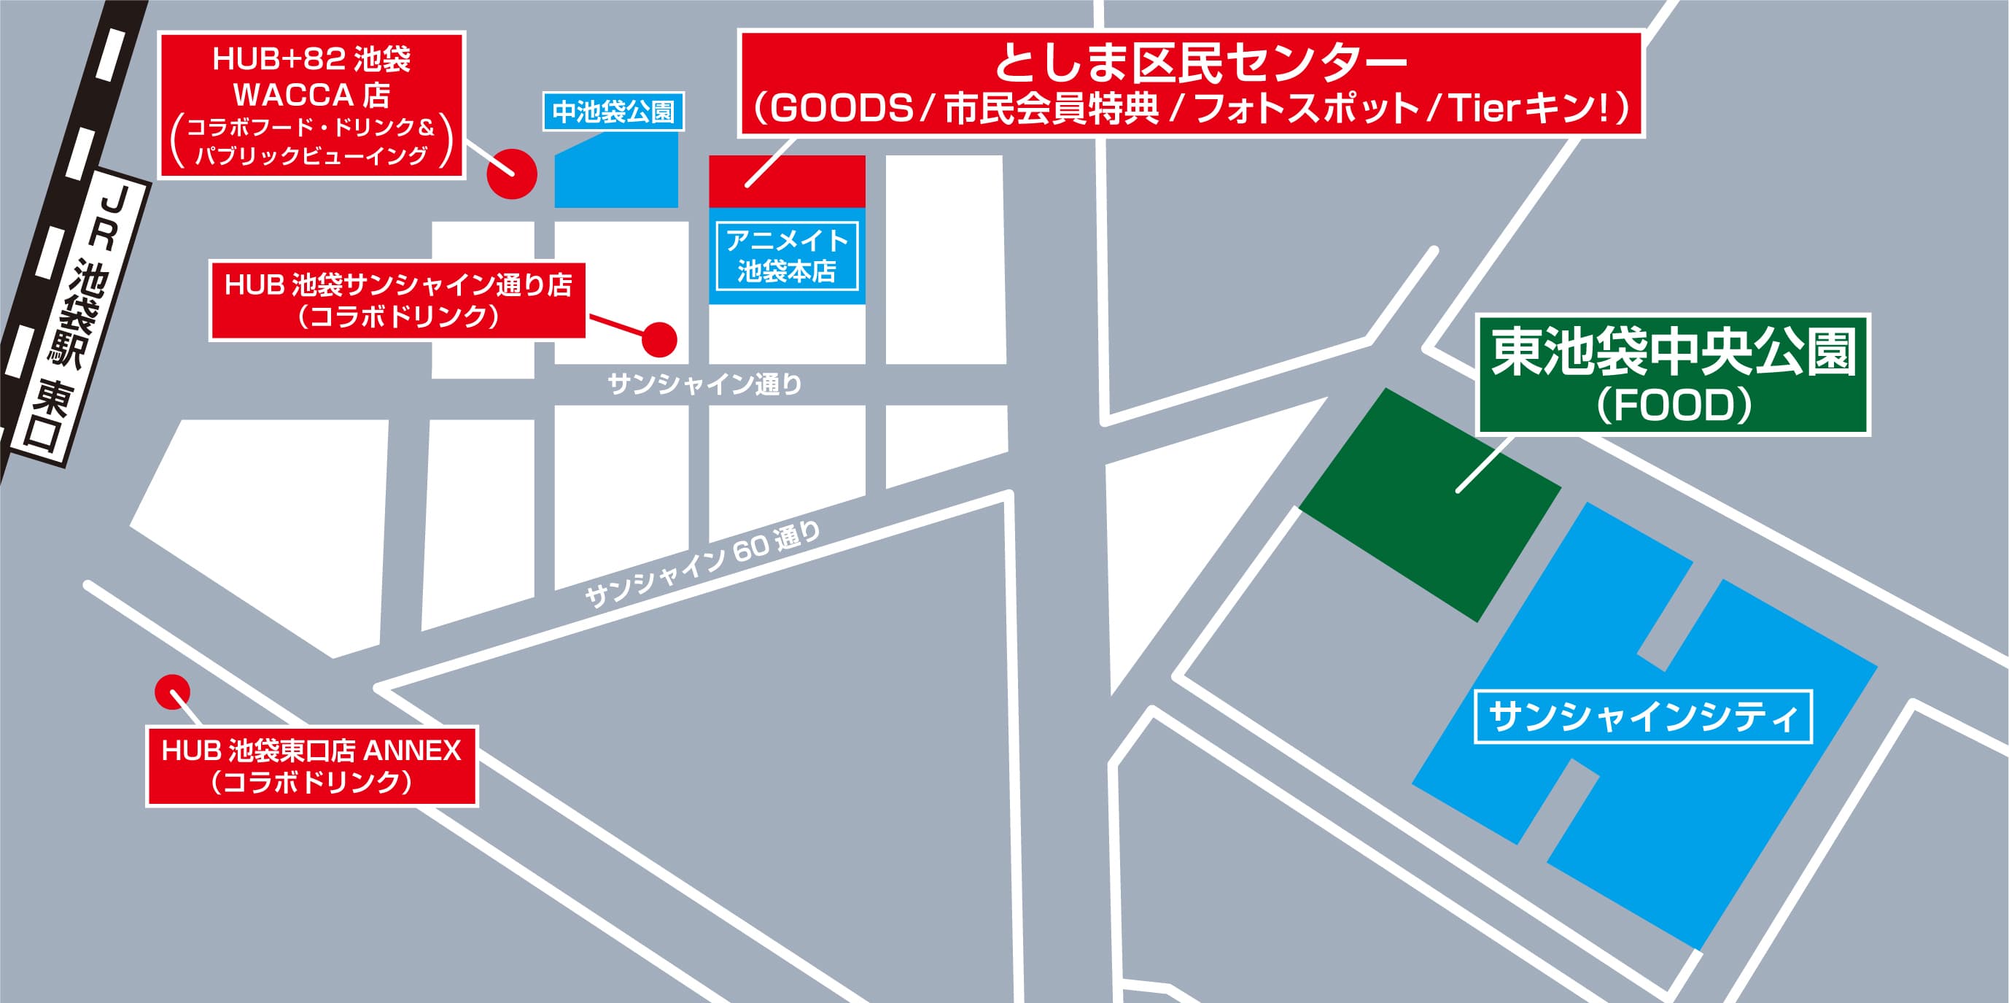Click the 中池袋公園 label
point(613,112)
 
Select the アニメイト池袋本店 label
point(786,255)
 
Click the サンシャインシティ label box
point(1643,717)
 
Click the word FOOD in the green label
point(1674,406)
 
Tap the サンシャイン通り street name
point(704,384)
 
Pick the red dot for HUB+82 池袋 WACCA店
point(512,173)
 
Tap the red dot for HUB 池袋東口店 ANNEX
point(172,692)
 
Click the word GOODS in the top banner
point(842,109)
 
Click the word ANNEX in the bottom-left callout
point(413,751)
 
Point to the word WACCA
point(293,95)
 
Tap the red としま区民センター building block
point(786,181)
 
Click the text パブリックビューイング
point(311,156)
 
